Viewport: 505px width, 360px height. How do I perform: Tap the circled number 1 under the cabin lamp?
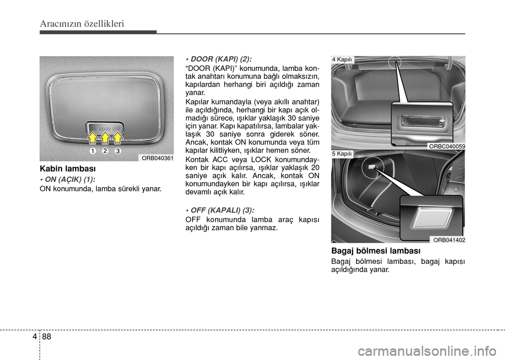pos(92,151)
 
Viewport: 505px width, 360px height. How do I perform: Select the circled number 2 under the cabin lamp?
pos(105,151)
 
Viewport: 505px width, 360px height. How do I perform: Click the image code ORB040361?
pos(156,157)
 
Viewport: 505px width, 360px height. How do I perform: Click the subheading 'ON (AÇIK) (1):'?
pos(67,179)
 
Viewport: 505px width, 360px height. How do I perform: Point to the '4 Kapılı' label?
pos(342,60)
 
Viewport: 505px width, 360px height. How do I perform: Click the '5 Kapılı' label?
pos(342,153)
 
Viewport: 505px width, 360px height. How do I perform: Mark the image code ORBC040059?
pos(447,146)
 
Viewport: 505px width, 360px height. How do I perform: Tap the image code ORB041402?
pos(448,240)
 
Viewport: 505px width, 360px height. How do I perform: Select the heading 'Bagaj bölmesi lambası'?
pos(376,251)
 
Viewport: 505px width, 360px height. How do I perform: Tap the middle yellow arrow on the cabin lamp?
pos(105,138)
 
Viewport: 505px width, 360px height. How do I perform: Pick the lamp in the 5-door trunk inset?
pos(431,215)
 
